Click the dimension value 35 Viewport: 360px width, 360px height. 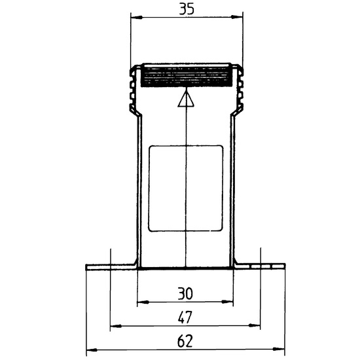(x=187, y=9)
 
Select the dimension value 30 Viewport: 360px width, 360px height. (x=185, y=294)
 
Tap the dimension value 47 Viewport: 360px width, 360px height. (x=185, y=317)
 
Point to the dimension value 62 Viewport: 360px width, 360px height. (x=185, y=342)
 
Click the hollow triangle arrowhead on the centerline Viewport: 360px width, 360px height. (x=186, y=99)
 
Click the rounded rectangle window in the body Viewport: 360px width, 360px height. (x=185, y=189)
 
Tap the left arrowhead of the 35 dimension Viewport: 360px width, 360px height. (x=136, y=17)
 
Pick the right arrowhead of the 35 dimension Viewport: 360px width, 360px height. (x=237, y=17)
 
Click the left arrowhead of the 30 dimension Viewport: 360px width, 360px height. (x=143, y=302)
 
